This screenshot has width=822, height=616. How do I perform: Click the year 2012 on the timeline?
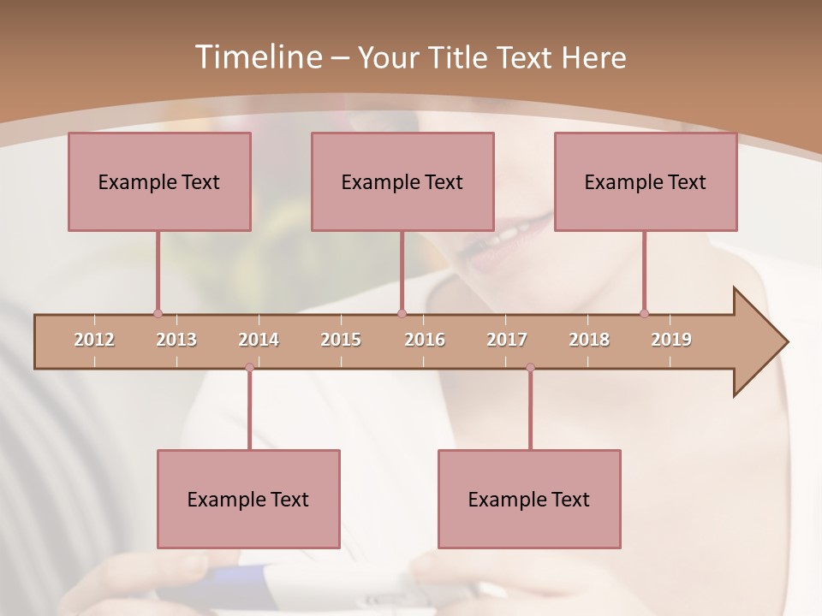point(94,340)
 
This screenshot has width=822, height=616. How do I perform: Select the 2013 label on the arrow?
point(176,340)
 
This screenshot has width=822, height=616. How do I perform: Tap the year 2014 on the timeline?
point(259,340)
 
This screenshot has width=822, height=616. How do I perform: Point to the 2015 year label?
point(341,340)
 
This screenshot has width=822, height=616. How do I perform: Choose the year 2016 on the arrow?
point(425,340)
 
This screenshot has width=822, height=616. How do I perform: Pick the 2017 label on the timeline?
point(507,340)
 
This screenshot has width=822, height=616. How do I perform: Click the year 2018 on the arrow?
point(589,340)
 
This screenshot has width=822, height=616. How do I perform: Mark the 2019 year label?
point(671,340)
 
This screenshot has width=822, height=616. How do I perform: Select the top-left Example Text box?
point(159,181)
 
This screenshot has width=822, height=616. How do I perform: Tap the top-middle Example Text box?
point(402,181)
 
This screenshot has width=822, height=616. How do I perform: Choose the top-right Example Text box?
point(646,181)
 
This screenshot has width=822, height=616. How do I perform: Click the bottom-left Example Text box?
point(248,499)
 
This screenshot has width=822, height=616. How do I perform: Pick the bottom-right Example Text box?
point(529,499)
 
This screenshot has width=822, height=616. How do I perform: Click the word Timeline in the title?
point(257,57)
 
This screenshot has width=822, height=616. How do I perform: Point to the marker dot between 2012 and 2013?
point(158,314)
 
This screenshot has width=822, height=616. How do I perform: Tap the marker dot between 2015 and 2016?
point(402,314)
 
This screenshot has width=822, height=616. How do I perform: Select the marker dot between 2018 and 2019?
point(644,314)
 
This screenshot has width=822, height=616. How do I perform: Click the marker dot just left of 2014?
point(249,368)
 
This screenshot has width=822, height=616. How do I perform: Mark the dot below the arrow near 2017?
point(530,368)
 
